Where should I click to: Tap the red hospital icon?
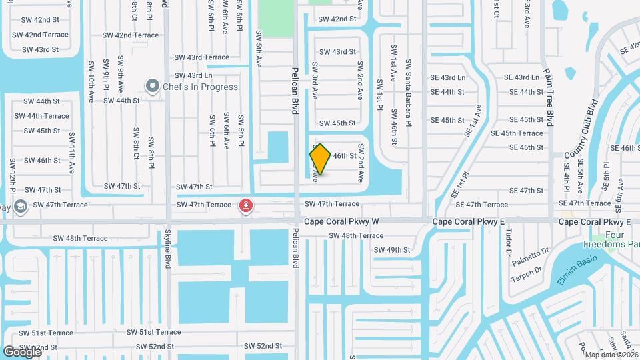[246, 205]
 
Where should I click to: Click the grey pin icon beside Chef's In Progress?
[153, 86]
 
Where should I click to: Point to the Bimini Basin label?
[575, 270]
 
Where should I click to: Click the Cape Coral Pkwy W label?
[341, 221]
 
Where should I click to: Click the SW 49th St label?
[392, 250]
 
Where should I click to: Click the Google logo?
[22, 351]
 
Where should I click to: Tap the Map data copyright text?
[611, 354]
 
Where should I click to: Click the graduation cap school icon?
[19, 205]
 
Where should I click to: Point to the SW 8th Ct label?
[136, 143]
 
